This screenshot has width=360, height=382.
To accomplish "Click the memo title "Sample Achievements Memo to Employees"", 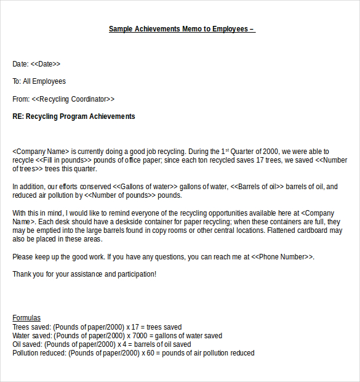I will [178, 29].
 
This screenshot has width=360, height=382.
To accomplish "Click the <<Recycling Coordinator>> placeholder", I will [73, 99].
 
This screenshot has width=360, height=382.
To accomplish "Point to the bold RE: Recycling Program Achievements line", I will [74, 116].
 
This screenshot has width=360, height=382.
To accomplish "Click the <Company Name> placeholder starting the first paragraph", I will [40, 152].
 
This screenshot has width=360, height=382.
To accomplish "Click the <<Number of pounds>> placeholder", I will [119, 195].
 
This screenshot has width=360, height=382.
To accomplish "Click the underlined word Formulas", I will [26, 318].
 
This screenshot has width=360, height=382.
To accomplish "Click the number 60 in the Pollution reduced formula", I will [148, 353].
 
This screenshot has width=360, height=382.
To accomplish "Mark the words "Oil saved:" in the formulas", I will [28, 344].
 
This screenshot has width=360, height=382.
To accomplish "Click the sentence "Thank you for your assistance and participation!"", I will [84, 274].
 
